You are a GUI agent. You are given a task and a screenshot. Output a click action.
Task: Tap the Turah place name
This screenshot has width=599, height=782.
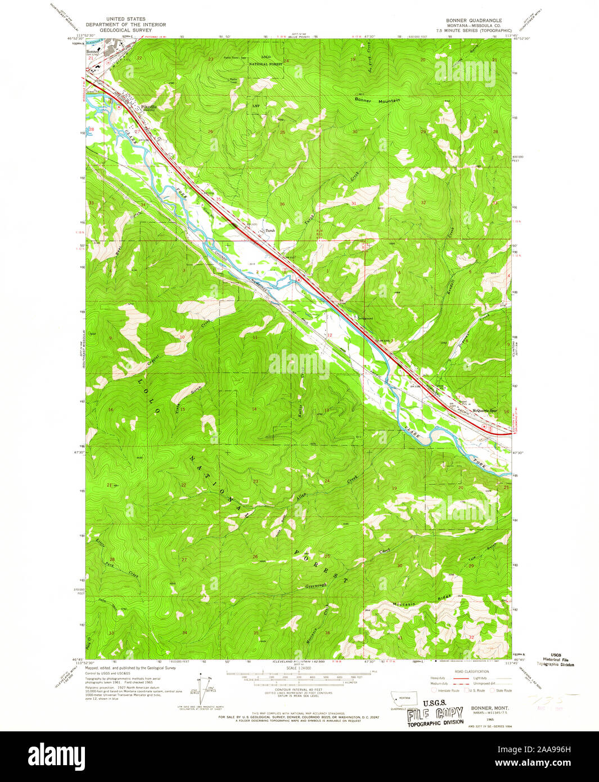[x=271, y=230]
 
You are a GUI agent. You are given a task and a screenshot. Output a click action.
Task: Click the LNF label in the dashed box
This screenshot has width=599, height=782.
[x=256, y=105]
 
